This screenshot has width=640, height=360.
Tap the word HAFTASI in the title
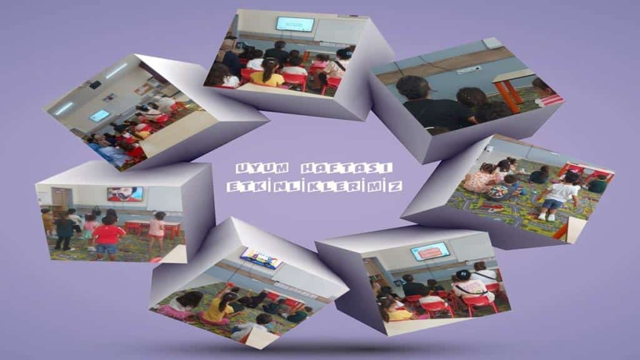(346, 167)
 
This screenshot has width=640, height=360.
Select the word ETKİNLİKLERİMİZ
(315, 186)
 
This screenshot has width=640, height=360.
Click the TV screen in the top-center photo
(295, 24)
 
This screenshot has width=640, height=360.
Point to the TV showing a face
(125, 194)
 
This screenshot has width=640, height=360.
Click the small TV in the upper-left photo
(99, 116)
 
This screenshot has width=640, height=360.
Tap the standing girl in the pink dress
(157, 231)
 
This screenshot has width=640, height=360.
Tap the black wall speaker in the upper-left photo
(95, 85)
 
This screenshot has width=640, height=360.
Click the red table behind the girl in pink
(152, 229)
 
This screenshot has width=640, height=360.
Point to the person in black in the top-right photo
(432, 105)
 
